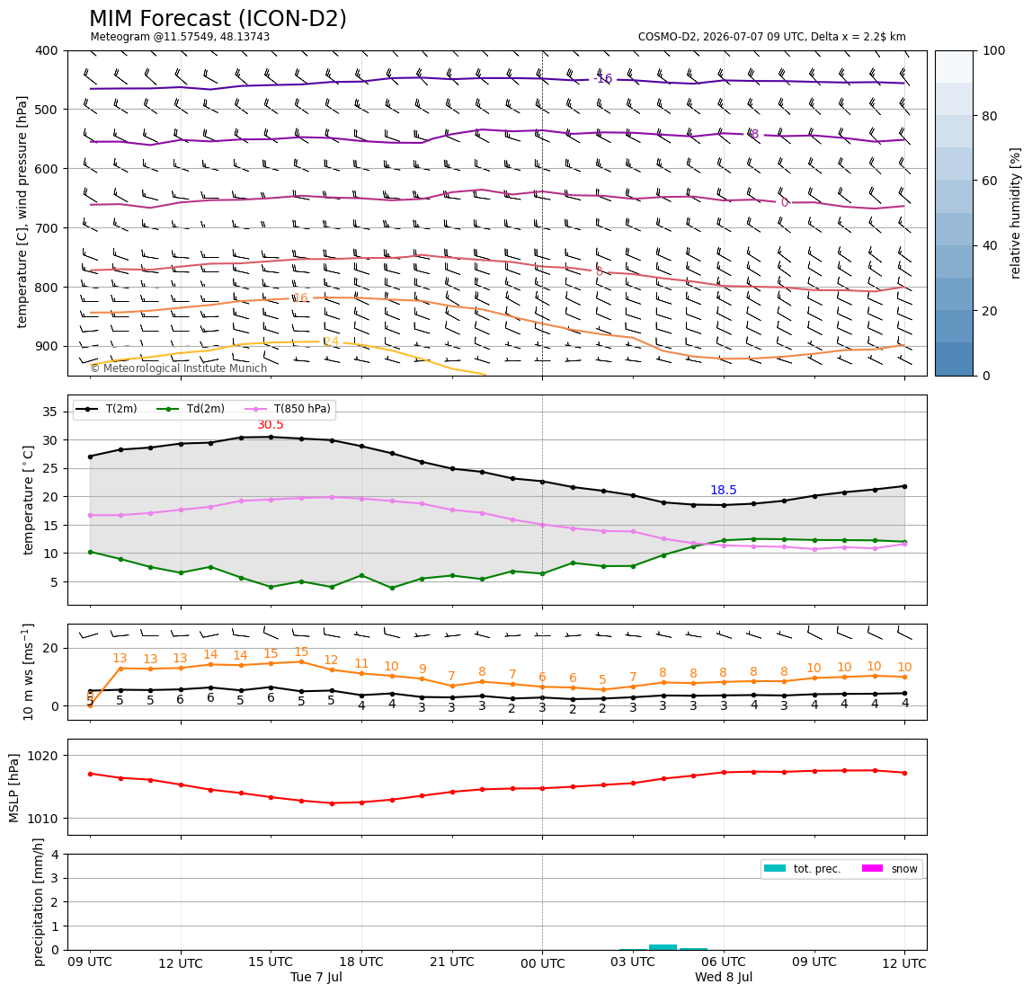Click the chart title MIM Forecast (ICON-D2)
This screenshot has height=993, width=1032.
[x=218, y=19]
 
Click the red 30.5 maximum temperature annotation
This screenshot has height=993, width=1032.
[x=271, y=425]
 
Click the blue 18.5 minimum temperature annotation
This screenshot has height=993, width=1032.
[x=724, y=491]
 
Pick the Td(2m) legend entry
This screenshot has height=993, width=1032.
[x=191, y=409]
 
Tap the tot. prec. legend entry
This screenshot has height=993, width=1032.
[x=802, y=869]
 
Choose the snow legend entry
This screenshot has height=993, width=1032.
[x=889, y=869]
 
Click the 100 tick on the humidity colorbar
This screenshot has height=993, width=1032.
[x=994, y=50]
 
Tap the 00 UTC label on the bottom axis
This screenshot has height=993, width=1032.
[x=542, y=964]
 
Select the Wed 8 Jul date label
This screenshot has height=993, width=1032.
[x=724, y=977]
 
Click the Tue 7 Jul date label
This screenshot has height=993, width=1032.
[x=316, y=977]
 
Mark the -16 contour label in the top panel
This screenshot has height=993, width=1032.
[x=602, y=79]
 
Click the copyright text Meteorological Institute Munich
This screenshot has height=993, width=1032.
[x=179, y=368]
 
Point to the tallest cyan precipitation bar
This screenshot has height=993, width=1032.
[x=663, y=947]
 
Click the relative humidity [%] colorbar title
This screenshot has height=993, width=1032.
[x=1016, y=213]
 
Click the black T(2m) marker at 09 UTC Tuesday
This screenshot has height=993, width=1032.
[x=90, y=457]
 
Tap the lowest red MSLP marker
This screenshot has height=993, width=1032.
[x=332, y=803]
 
